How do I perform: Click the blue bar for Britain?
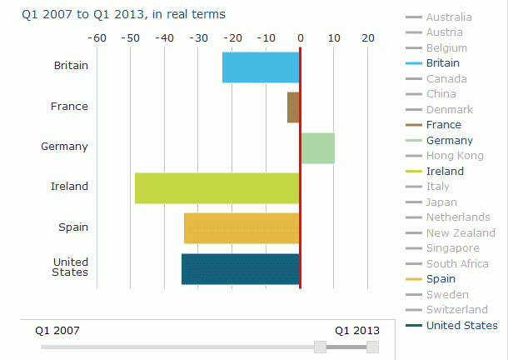pyautogui.click(x=261, y=67)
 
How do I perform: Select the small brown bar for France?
pyautogui.click(x=293, y=107)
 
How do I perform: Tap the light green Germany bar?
pyautogui.click(x=317, y=147)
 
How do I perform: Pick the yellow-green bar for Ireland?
pyautogui.click(x=217, y=188)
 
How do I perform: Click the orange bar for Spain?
pyautogui.click(x=242, y=228)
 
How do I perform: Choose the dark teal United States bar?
pyautogui.click(x=240, y=268)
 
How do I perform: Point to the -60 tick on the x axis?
pyautogui.click(x=97, y=37)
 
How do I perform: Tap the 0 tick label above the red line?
pyautogui.click(x=300, y=37)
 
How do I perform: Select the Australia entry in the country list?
pyautogui.click(x=448, y=17)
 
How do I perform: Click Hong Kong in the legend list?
pyautogui.click(x=454, y=156)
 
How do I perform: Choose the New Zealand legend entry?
pyautogui.click(x=460, y=233)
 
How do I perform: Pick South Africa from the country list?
pyautogui.click(x=457, y=264)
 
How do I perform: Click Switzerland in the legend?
pyautogui.click(x=457, y=310)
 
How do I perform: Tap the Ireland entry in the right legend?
pyautogui.click(x=445, y=172)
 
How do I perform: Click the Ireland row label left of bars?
pyautogui.click(x=69, y=187)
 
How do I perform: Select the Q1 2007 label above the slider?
pyautogui.click(x=57, y=330)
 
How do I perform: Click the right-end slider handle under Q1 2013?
pyautogui.click(x=372, y=347)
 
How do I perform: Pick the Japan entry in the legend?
pyautogui.click(x=441, y=202)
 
